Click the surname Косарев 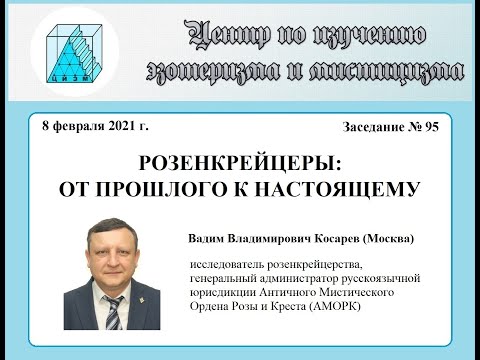pyautogui.click(x=332, y=239)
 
